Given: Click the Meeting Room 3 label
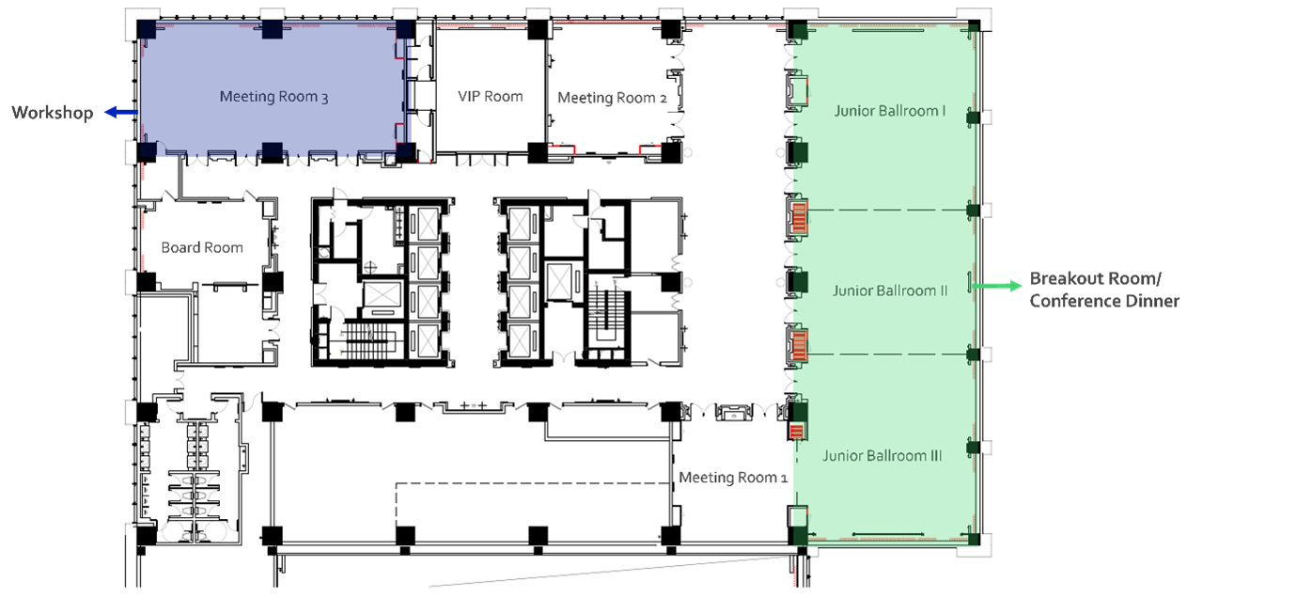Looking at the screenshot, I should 273,96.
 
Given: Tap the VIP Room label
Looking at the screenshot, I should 490,96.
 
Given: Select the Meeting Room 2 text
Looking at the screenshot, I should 606,97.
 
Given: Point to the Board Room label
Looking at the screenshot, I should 202,247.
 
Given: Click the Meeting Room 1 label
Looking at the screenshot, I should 733,478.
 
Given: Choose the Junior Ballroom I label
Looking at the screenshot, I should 889,111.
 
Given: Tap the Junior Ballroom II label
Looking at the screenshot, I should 890,291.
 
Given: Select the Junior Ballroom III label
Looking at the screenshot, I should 882,455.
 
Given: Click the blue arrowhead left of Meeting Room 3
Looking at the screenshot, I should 107,114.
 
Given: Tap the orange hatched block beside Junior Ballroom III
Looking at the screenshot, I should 796,432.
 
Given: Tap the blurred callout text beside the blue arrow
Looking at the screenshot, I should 52,115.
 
